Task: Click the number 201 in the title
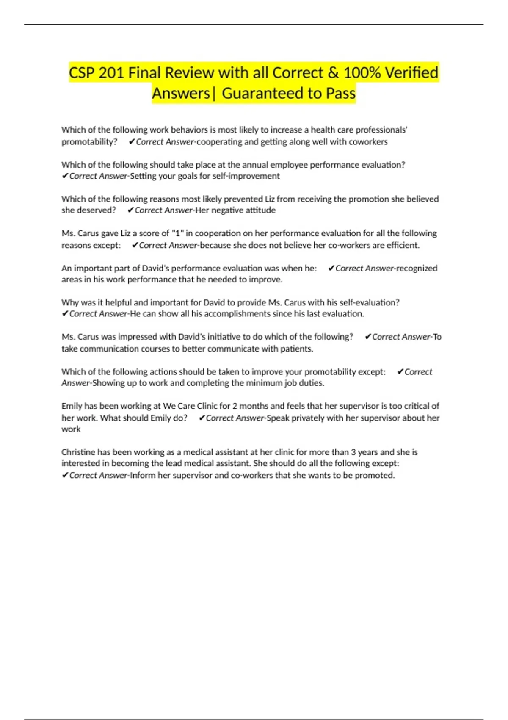tap(111, 73)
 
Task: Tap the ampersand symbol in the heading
tap(333, 73)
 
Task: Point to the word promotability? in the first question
tap(89, 142)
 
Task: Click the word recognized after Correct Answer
tap(417, 268)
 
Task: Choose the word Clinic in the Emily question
tap(207, 406)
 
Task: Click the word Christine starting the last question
tap(78, 452)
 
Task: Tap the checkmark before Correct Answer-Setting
tap(65, 176)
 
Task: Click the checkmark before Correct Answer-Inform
tap(65, 476)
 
